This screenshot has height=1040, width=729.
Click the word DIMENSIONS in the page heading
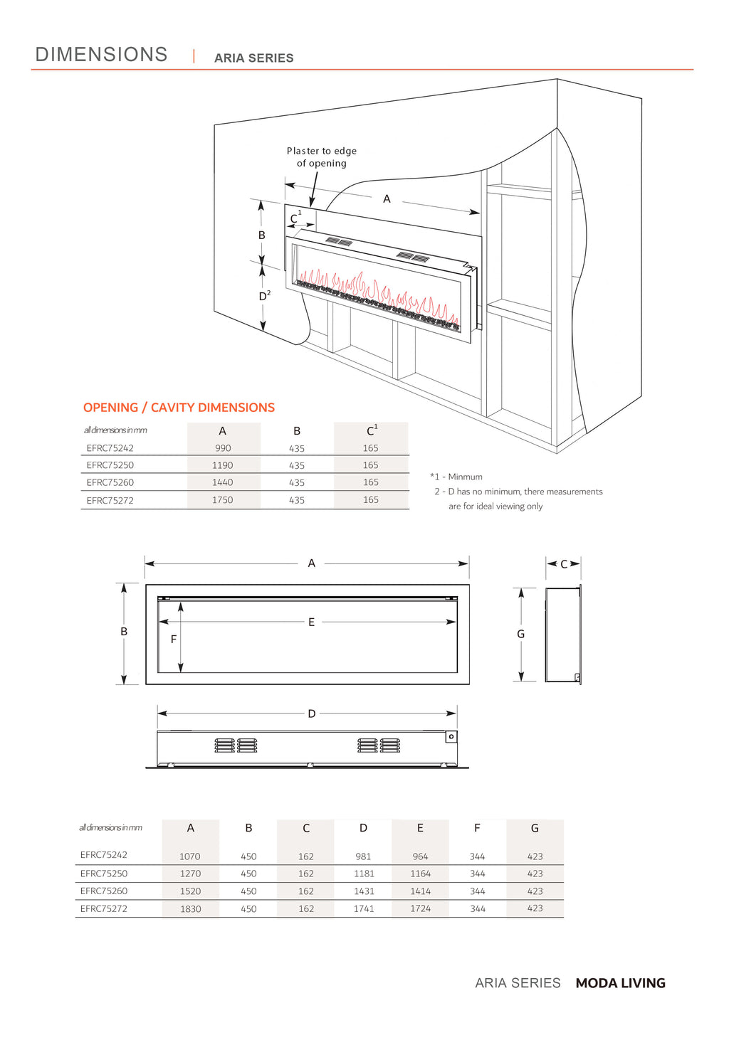[101, 54]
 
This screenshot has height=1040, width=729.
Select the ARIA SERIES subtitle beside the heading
[253, 58]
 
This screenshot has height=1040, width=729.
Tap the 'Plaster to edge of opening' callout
[322, 157]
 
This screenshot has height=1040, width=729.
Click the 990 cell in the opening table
[223, 448]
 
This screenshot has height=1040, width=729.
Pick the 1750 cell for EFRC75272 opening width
[223, 500]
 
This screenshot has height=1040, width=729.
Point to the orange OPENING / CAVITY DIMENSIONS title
[179, 408]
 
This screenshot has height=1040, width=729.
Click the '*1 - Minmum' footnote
[456, 477]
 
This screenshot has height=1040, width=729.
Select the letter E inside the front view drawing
[311, 622]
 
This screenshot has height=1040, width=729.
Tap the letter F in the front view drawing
[173, 640]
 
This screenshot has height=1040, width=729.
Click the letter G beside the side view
[521, 634]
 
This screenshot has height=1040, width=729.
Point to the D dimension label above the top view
[311, 713]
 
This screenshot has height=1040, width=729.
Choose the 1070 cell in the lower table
[190, 856]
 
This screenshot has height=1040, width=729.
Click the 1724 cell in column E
[421, 908]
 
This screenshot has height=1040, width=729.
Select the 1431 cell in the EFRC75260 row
[364, 891]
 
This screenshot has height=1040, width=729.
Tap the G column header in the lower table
[535, 828]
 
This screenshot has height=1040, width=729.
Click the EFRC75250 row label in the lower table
[104, 874]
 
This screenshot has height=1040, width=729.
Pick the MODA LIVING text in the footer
[620, 983]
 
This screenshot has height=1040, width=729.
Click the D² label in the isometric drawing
[265, 295]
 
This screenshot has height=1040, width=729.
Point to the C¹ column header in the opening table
[372, 430]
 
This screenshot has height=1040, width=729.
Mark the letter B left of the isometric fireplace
[261, 235]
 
